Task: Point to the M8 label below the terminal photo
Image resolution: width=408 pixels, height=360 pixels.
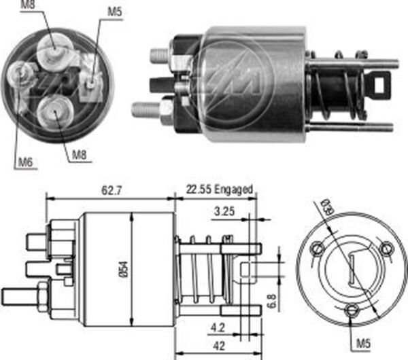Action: tap(80, 155)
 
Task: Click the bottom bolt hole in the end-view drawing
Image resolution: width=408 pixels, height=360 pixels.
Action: tap(350, 312)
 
